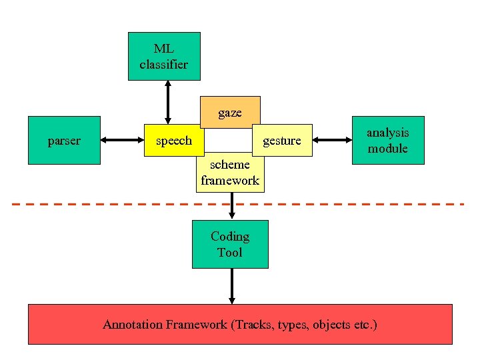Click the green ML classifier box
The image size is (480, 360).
(x=164, y=56)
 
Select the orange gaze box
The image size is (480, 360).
(x=230, y=112)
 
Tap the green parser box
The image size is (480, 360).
(x=64, y=140)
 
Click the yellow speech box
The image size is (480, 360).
(x=174, y=141)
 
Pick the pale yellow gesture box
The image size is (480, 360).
(x=282, y=141)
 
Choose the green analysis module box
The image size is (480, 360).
(x=388, y=140)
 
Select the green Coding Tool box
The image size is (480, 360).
(x=230, y=244)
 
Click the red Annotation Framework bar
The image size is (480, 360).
(x=240, y=325)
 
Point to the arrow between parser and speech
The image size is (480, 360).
(x=123, y=140)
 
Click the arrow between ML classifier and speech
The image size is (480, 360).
(x=167, y=102)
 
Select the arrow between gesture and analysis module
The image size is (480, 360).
(x=332, y=140)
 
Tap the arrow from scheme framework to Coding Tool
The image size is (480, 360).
(x=231, y=206)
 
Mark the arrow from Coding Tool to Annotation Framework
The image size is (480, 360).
(x=231, y=286)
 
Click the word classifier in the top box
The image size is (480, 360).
(x=164, y=65)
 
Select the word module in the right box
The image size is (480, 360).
(x=388, y=149)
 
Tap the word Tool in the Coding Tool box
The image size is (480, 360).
(x=230, y=253)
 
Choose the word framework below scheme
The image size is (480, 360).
(x=230, y=181)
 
